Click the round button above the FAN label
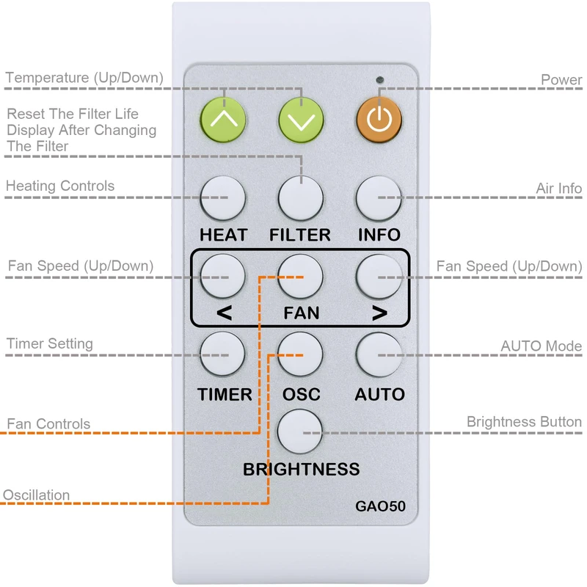click(301, 277)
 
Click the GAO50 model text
click(380, 506)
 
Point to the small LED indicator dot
click(379, 79)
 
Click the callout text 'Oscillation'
click(37, 495)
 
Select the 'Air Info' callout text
click(558, 189)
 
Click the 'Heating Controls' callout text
click(60, 186)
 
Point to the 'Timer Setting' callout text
click(50, 343)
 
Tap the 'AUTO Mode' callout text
click(542, 346)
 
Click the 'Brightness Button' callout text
click(524, 422)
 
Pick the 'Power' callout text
click(561, 80)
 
